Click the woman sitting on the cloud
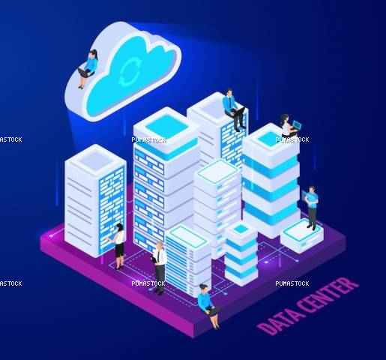[88, 68]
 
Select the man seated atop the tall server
[235, 110]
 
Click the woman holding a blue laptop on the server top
[289, 125]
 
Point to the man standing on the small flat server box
[311, 208]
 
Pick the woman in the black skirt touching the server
[118, 246]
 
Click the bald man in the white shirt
[159, 266]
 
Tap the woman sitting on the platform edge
[208, 305]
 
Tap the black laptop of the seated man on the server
[238, 111]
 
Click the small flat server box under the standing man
[301, 236]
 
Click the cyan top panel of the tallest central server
[166, 125]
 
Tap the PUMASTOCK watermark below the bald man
[148, 283]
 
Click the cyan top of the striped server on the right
[271, 138]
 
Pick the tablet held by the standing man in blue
[305, 196]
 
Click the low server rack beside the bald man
[188, 260]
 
